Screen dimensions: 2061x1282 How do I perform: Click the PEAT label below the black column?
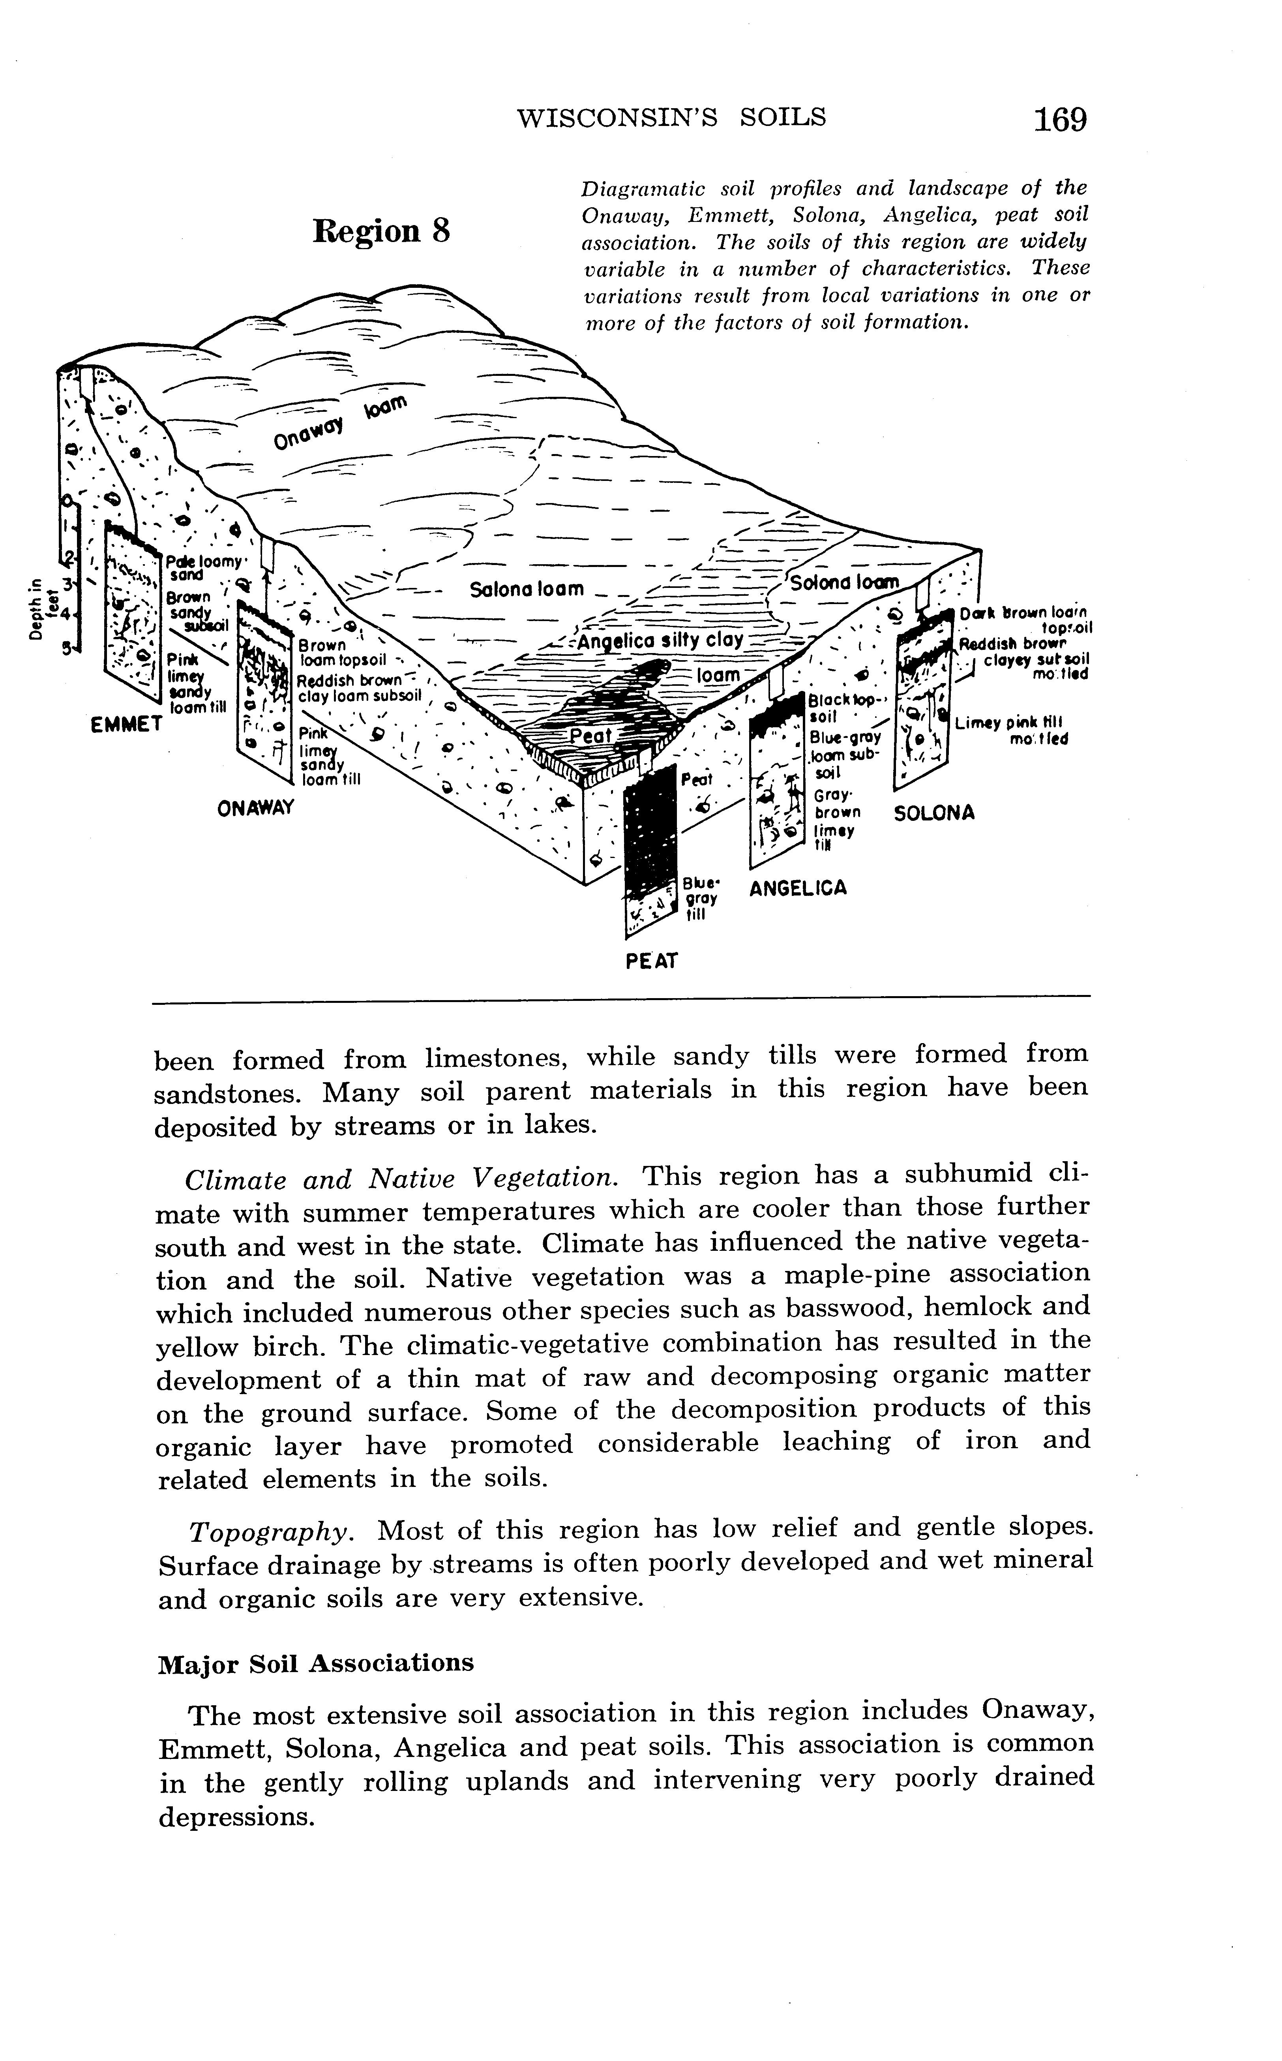[652, 961]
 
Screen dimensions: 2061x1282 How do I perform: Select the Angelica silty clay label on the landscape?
[662, 640]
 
